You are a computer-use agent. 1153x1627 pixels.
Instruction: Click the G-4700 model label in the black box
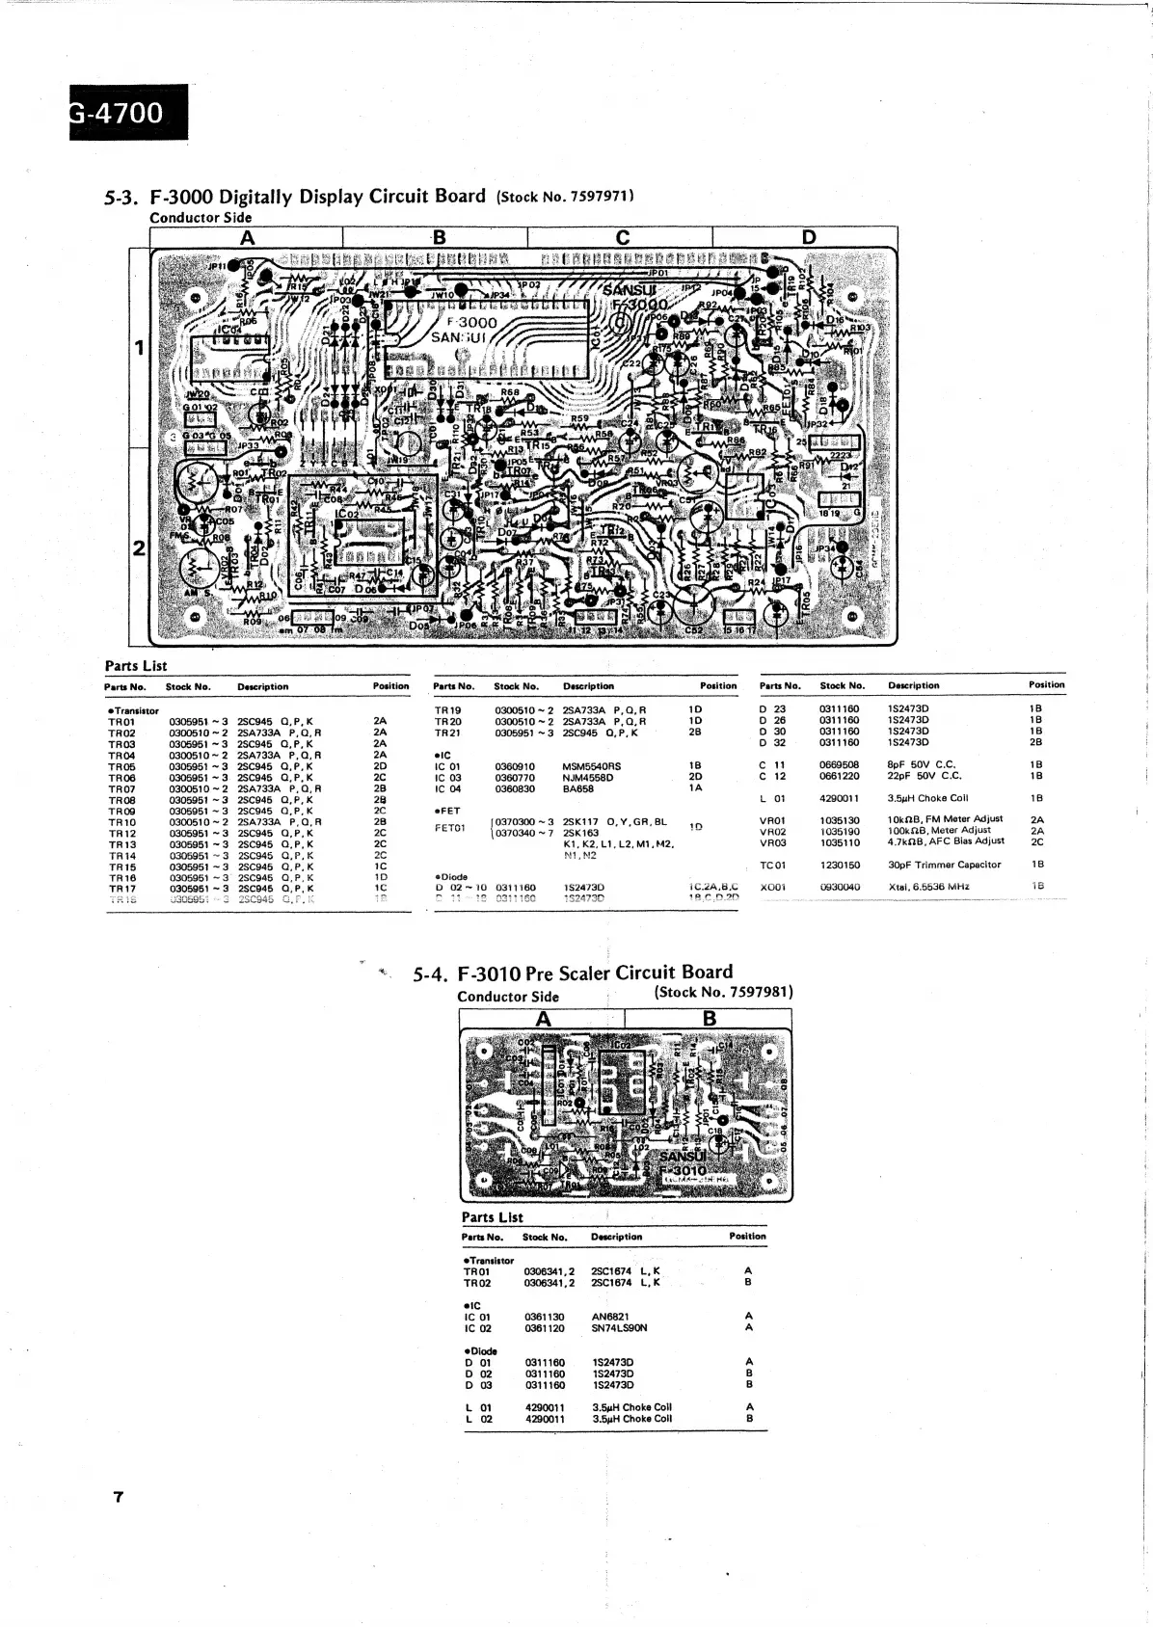[120, 113]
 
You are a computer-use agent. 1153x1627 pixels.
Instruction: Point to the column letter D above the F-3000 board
[808, 237]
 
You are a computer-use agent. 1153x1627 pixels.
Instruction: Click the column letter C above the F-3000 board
[622, 237]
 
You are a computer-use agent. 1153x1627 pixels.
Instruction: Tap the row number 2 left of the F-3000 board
[139, 547]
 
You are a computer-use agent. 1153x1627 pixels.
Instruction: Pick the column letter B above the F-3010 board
[710, 1019]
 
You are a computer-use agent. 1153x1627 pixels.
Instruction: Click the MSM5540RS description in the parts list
[591, 766]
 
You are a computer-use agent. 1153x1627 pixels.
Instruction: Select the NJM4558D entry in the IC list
[587, 777]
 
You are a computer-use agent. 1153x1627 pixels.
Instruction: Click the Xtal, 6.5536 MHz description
[928, 886]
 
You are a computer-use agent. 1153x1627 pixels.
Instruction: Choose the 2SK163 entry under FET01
[580, 833]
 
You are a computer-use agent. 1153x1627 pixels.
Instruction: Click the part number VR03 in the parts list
[772, 841]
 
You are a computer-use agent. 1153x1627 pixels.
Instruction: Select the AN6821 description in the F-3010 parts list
[611, 1317]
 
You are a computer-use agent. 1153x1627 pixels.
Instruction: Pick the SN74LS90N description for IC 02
[619, 1328]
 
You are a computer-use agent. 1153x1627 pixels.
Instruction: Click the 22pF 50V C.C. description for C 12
[924, 776]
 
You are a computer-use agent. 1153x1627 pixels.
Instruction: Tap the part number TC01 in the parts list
[772, 865]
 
